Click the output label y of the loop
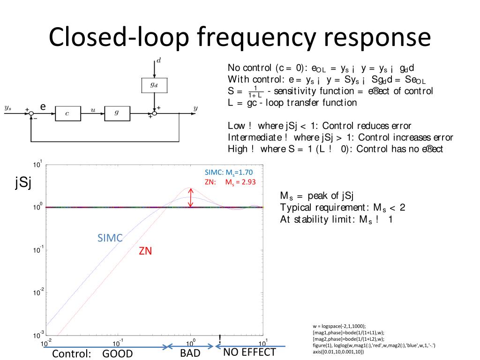tap(195, 109)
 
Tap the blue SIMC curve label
tap(110, 238)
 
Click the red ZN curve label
tap(145, 251)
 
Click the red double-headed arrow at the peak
tap(190, 197)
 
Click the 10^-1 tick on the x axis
tap(118, 343)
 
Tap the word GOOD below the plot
tap(118, 353)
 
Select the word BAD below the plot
tap(190, 353)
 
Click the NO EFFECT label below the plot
tap(249, 352)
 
